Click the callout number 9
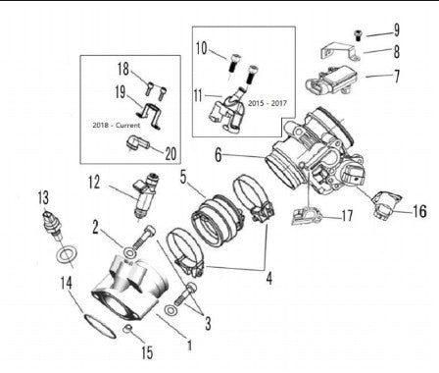[396, 30]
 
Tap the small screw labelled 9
[359, 35]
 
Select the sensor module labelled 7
[331, 81]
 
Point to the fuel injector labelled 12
[145, 195]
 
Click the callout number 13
[43, 198]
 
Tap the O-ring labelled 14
[100, 327]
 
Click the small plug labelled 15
[127, 329]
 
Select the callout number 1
[189, 345]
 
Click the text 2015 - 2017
[268, 103]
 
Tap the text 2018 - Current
[116, 125]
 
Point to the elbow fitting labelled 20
[137, 142]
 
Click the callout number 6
[218, 155]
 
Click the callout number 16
[419, 211]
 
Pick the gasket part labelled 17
[307, 216]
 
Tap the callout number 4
[269, 279]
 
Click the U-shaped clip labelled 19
[149, 115]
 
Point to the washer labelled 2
[130, 252]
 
